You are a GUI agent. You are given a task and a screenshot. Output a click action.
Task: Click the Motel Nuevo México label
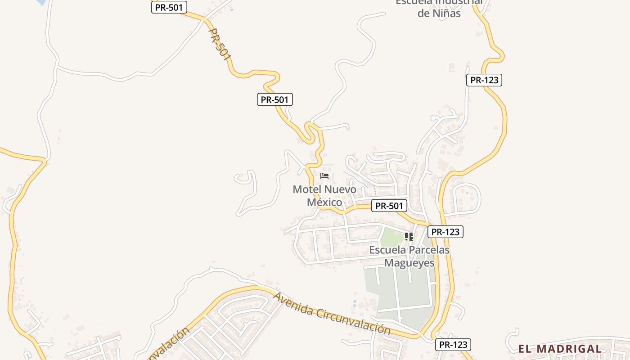point(324,196)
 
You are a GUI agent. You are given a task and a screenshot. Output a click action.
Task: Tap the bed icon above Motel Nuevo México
point(324,175)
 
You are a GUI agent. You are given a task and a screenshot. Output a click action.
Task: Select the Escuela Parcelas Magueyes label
point(409,256)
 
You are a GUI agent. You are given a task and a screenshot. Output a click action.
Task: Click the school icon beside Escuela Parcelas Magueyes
point(409,236)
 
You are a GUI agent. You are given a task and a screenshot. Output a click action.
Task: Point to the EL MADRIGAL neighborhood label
point(560,349)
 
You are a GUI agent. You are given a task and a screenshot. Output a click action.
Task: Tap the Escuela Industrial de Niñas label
point(439,8)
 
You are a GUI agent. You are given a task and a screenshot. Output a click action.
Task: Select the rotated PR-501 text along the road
point(220,45)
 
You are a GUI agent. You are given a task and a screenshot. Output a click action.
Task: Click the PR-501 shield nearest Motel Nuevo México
point(389,206)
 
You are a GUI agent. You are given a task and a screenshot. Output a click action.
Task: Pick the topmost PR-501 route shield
point(169,7)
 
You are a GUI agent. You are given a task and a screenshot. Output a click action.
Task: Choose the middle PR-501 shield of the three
point(274,99)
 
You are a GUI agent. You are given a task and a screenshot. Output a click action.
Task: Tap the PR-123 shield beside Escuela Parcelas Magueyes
point(445,232)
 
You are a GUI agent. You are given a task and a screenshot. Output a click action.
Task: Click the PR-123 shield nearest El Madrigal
point(453,345)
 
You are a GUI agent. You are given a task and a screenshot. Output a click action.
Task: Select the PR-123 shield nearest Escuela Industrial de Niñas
point(484,80)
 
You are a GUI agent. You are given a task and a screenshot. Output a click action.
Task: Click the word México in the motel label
point(324,202)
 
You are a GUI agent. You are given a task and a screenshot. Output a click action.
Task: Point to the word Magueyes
point(409,263)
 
